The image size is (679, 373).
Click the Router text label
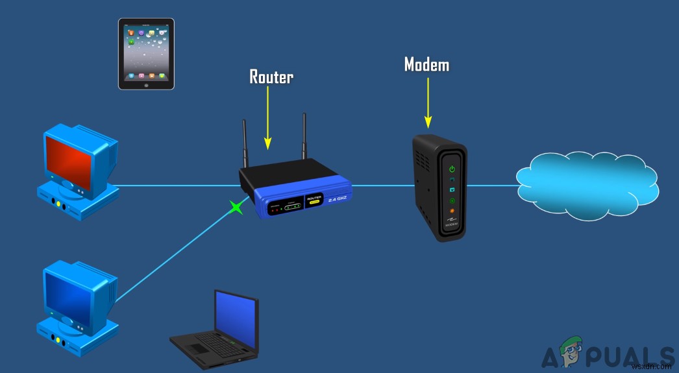click(x=271, y=77)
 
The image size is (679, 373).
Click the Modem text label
click(x=426, y=64)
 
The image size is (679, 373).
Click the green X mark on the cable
click(x=237, y=208)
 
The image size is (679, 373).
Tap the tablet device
click(x=146, y=53)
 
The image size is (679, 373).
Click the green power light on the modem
click(x=451, y=170)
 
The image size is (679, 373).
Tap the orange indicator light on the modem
click(x=451, y=212)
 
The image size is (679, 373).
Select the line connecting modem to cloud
click(x=493, y=185)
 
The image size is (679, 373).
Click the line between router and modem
click(x=383, y=185)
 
